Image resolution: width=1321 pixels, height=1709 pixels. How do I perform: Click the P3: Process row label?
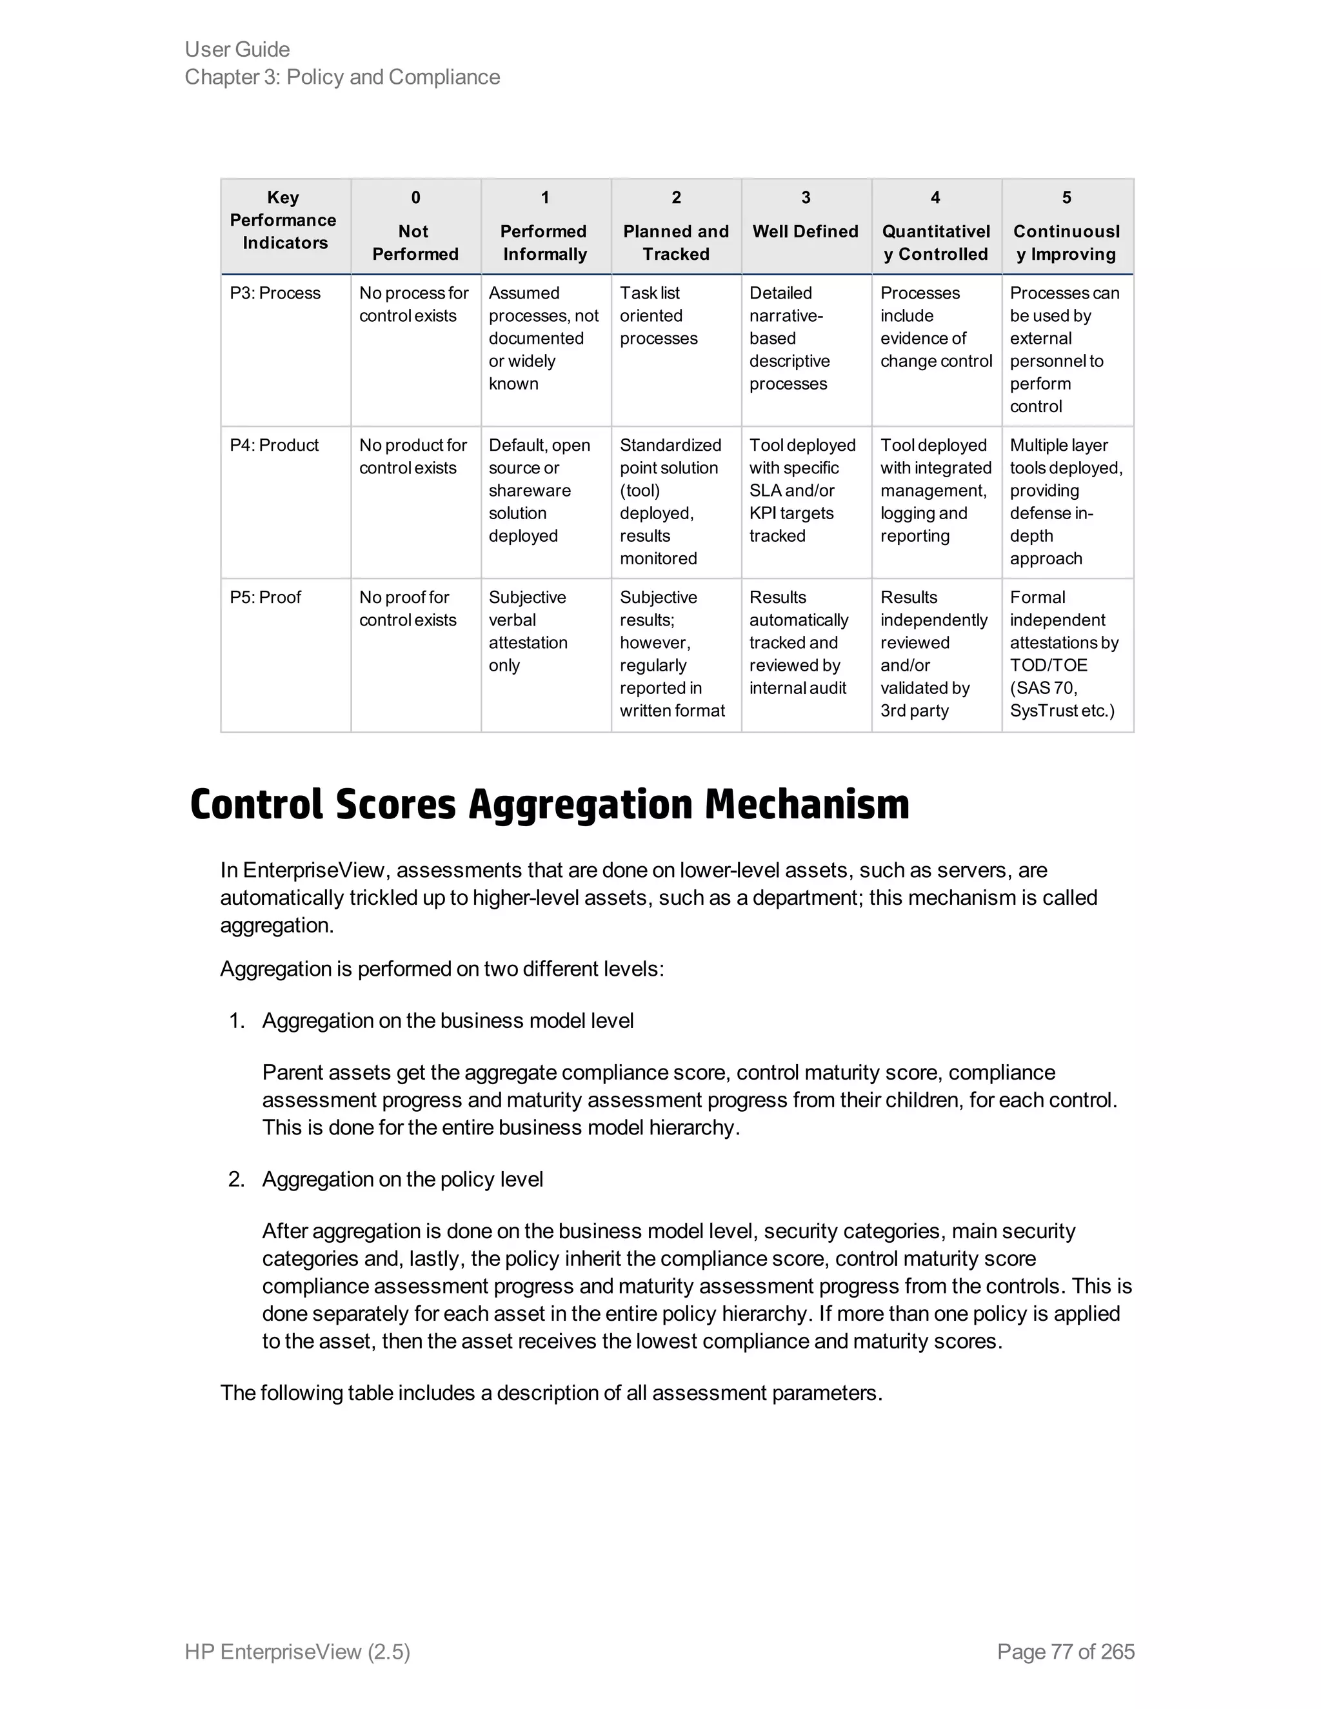pos(275,293)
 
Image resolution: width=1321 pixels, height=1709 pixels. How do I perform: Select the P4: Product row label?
pos(274,445)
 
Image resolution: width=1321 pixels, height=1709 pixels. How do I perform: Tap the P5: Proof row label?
pos(264,597)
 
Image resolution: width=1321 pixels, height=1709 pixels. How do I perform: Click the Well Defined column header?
pos(805,232)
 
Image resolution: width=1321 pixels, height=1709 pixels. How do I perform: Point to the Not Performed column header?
pos(415,242)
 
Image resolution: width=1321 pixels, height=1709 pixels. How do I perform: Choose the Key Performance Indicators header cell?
pos(283,221)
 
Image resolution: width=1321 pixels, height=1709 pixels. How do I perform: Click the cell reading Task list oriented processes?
pos(658,315)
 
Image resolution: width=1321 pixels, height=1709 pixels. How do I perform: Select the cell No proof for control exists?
pos(408,609)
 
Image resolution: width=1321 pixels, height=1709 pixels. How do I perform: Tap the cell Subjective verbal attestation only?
pos(528,631)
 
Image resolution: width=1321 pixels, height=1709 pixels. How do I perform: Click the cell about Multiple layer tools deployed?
pos(1065,502)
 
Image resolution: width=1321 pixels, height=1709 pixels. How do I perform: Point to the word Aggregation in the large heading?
pos(579,804)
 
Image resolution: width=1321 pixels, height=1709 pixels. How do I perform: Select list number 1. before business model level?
pos(236,1021)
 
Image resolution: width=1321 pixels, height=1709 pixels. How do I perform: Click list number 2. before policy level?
pos(236,1180)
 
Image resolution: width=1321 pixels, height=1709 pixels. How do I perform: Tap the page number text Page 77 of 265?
pos(1065,1651)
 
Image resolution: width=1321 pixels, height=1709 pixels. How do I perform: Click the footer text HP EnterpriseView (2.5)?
pos(297,1651)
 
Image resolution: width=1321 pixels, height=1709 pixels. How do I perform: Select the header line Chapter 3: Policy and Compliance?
pos(342,77)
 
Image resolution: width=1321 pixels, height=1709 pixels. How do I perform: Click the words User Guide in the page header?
pos(237,49)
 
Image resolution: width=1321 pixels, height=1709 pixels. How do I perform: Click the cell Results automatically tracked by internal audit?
pos(799,642)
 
